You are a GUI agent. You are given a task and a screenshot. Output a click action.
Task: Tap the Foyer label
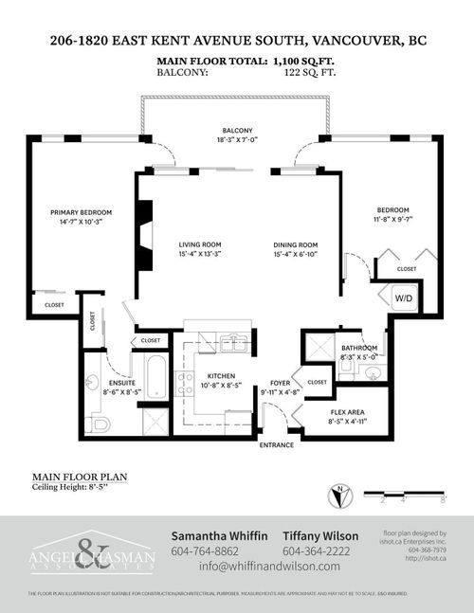[279, 382]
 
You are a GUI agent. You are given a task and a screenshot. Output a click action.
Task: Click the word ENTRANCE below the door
[278, 444]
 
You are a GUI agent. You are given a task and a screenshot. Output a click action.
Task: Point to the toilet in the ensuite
[98, 424]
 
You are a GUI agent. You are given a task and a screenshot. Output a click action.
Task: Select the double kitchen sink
[234, 343]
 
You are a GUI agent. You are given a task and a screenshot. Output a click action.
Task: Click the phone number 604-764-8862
[204, 550]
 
